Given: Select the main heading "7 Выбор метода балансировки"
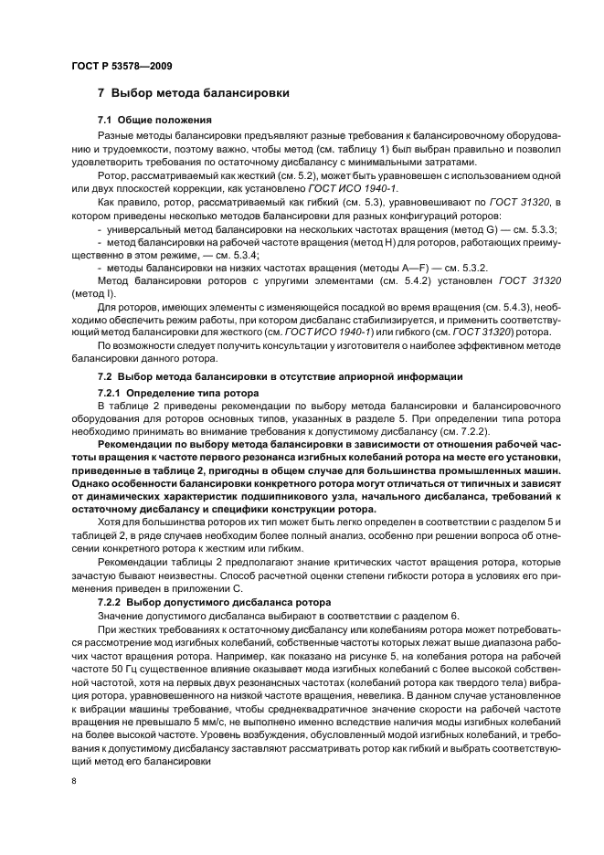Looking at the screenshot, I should [x=194, y=93].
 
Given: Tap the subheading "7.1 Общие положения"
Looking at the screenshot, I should [x=154, y=121].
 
